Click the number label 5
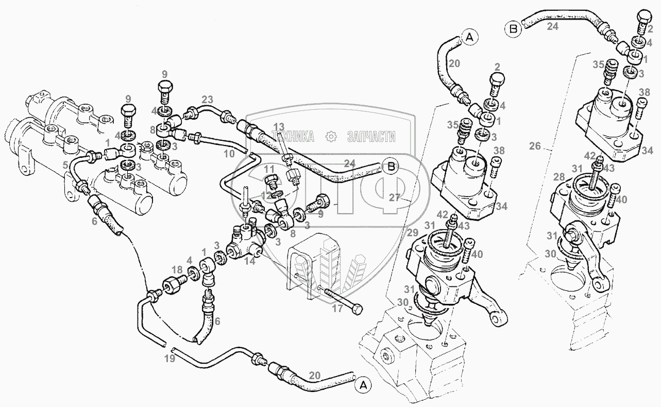tap(65, 166)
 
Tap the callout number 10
tap(230, 153)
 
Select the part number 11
tap(269, 169)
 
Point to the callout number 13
tap(279, 127)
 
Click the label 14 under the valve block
tap(250, 261)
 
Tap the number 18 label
tap(177, 270)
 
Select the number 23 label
tap(207, 99)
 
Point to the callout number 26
tap(535, 146)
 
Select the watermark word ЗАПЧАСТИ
tap(371, 137)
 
